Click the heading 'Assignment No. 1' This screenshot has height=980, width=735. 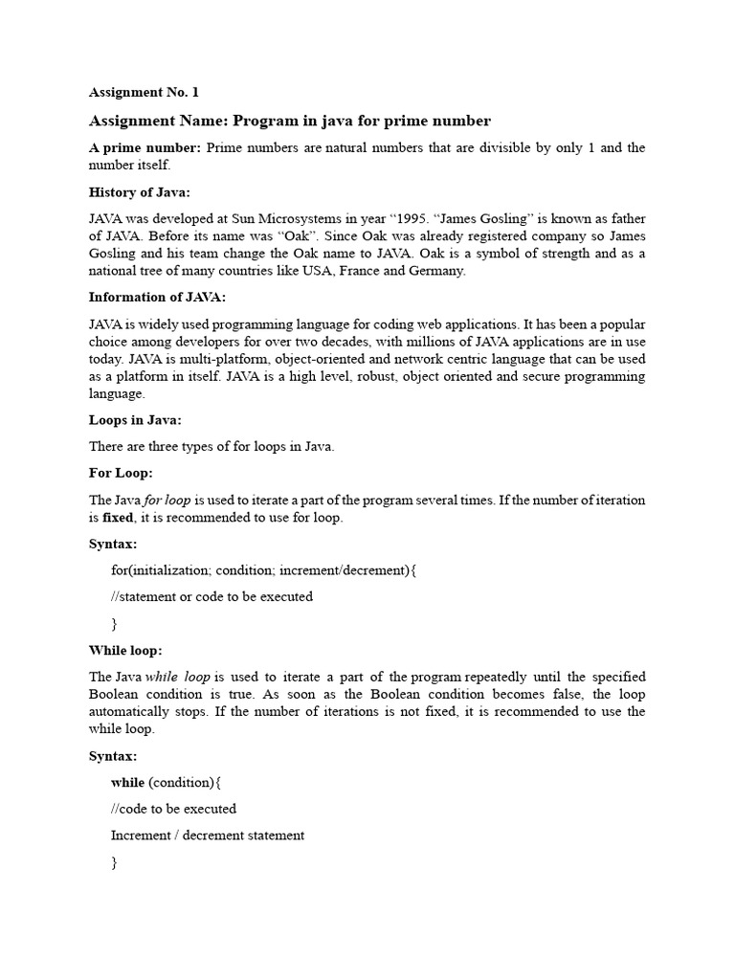[x=144, y=93]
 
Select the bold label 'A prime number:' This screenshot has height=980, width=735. [x=145, y=147]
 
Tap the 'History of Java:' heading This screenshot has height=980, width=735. [x=139, y=192]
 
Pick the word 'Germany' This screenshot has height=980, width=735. [x=434, y=271]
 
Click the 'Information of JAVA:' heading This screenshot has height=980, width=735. [x=157, y=297]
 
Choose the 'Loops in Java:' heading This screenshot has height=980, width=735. [x=135, y=419]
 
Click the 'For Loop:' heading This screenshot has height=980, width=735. [x=121, y=473]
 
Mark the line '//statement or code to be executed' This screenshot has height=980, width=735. [x=212, y=596]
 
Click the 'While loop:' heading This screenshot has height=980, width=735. [x=125, y=650]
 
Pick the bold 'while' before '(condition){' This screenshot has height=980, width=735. [x=128, y=783]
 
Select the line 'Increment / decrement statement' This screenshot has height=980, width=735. [x=208, y=835]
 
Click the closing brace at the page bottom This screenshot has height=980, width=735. [x=115, y=862]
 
